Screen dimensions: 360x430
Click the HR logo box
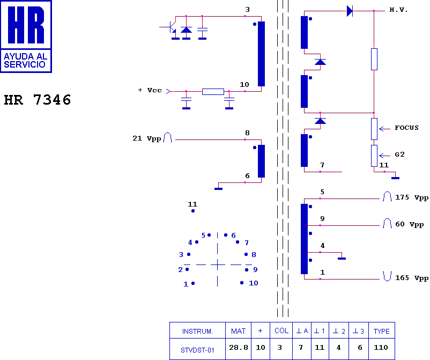coord(26,36)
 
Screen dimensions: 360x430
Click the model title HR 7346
coord(38,100)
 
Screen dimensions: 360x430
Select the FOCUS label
coord(406,128)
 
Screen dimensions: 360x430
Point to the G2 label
coord(399,155)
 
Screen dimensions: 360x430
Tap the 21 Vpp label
coord(146,138)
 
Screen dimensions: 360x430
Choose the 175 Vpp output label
coord(412,198)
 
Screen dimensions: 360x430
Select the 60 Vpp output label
coord(409,224)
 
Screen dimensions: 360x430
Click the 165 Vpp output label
coord(412,278)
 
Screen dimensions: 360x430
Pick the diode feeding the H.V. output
coord(350,11)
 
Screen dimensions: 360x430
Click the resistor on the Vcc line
coord(213,92)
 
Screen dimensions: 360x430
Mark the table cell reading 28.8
coord(238,348)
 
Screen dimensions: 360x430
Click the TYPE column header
coord(381,331)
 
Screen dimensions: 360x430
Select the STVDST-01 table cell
coord(197,349)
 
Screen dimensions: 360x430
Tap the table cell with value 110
coord(381,348)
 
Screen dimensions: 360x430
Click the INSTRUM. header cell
coord(197,331)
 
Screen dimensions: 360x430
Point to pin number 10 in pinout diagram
coord(253,283)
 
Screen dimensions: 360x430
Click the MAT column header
coord(238,331)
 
